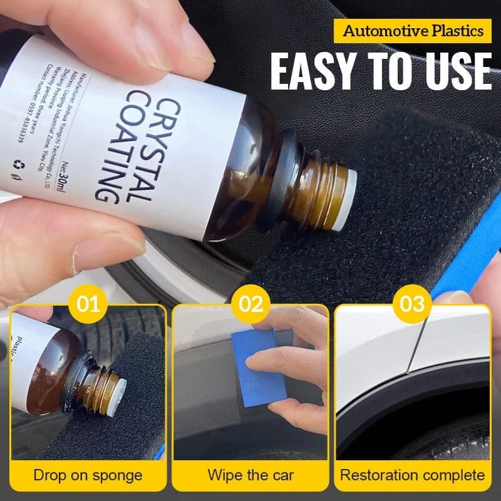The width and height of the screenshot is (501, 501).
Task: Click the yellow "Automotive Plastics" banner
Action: (x=413, y=31)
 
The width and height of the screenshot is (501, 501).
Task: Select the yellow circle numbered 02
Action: (x=250, y=305)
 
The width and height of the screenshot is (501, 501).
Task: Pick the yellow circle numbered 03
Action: (x=413, y=305)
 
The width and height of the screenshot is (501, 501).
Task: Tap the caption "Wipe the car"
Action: (x=250, y=475)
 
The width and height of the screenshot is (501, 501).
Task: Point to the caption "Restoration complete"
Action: (x=413, y=475)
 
